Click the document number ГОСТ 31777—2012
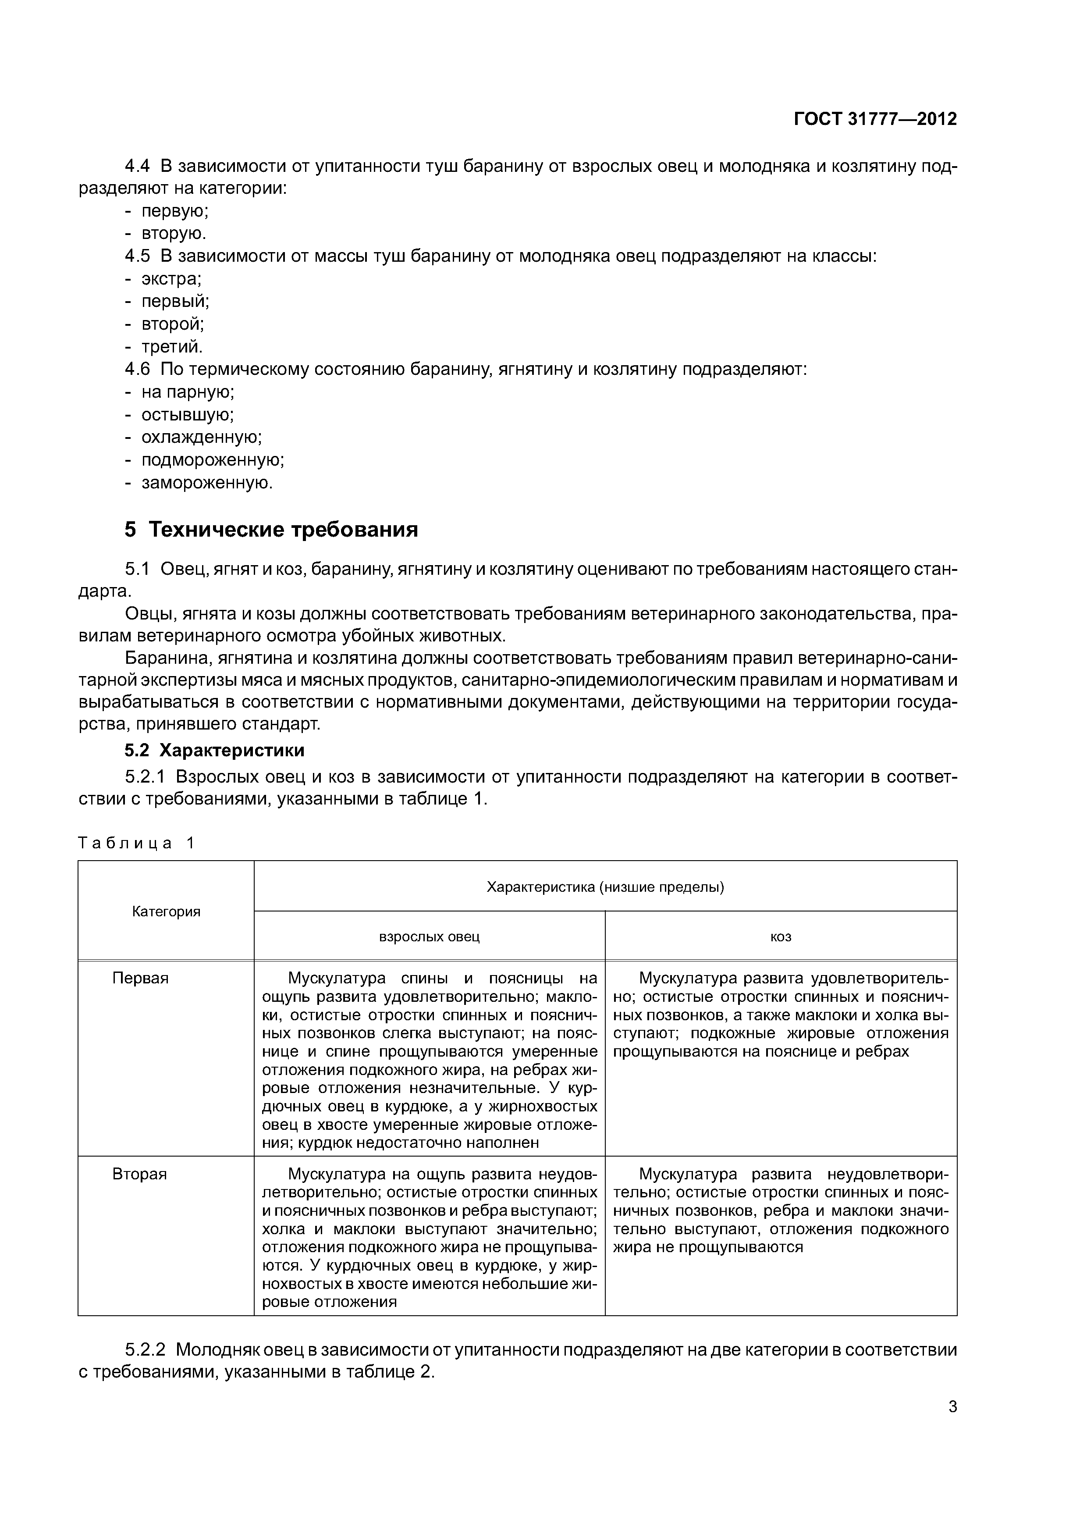point(875,119)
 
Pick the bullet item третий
point(171,347)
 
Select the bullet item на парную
point(188,392)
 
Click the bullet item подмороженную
point(212,460)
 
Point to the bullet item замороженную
point(207,483)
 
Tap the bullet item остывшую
point(188,415)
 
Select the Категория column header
point(166,911)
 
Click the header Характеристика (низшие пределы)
point(605,887)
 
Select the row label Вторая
point(139,1174)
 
